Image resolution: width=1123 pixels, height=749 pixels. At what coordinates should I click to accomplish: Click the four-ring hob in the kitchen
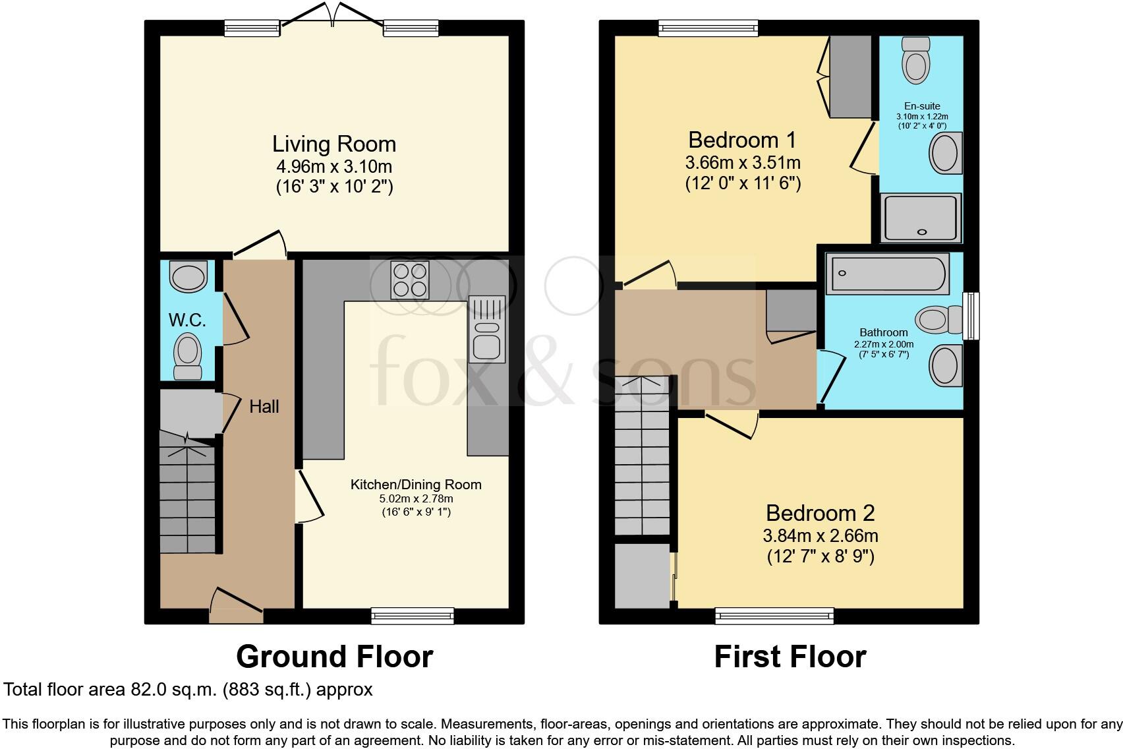(411, 280)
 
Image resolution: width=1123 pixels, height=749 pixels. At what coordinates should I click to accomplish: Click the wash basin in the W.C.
(188, 276)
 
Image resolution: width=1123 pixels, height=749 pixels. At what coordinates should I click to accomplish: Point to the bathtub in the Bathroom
(887, 274)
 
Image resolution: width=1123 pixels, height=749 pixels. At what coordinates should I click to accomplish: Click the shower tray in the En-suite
(921, 218)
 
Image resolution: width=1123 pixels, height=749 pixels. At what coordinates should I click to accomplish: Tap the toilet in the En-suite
(916, 60)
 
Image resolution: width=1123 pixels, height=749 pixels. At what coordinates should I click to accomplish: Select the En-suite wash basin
(946, 153)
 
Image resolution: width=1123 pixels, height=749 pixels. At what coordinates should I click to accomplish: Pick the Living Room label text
(334, 144)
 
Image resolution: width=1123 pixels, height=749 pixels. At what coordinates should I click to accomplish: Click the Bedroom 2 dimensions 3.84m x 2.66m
(821, 536)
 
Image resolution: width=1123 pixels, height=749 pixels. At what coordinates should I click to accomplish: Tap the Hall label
(264, 406)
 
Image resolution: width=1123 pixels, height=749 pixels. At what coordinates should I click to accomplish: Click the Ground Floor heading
(334, 657)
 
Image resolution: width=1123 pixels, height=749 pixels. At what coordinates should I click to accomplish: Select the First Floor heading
(790, 657)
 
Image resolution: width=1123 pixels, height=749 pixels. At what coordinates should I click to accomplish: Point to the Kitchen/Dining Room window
(413, 616)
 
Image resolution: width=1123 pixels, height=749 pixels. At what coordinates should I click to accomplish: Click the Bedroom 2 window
(774, 616)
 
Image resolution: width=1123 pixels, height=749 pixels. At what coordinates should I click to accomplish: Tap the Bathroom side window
(971, 316)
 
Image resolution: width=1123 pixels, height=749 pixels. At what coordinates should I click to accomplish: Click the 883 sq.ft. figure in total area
(266, 690)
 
